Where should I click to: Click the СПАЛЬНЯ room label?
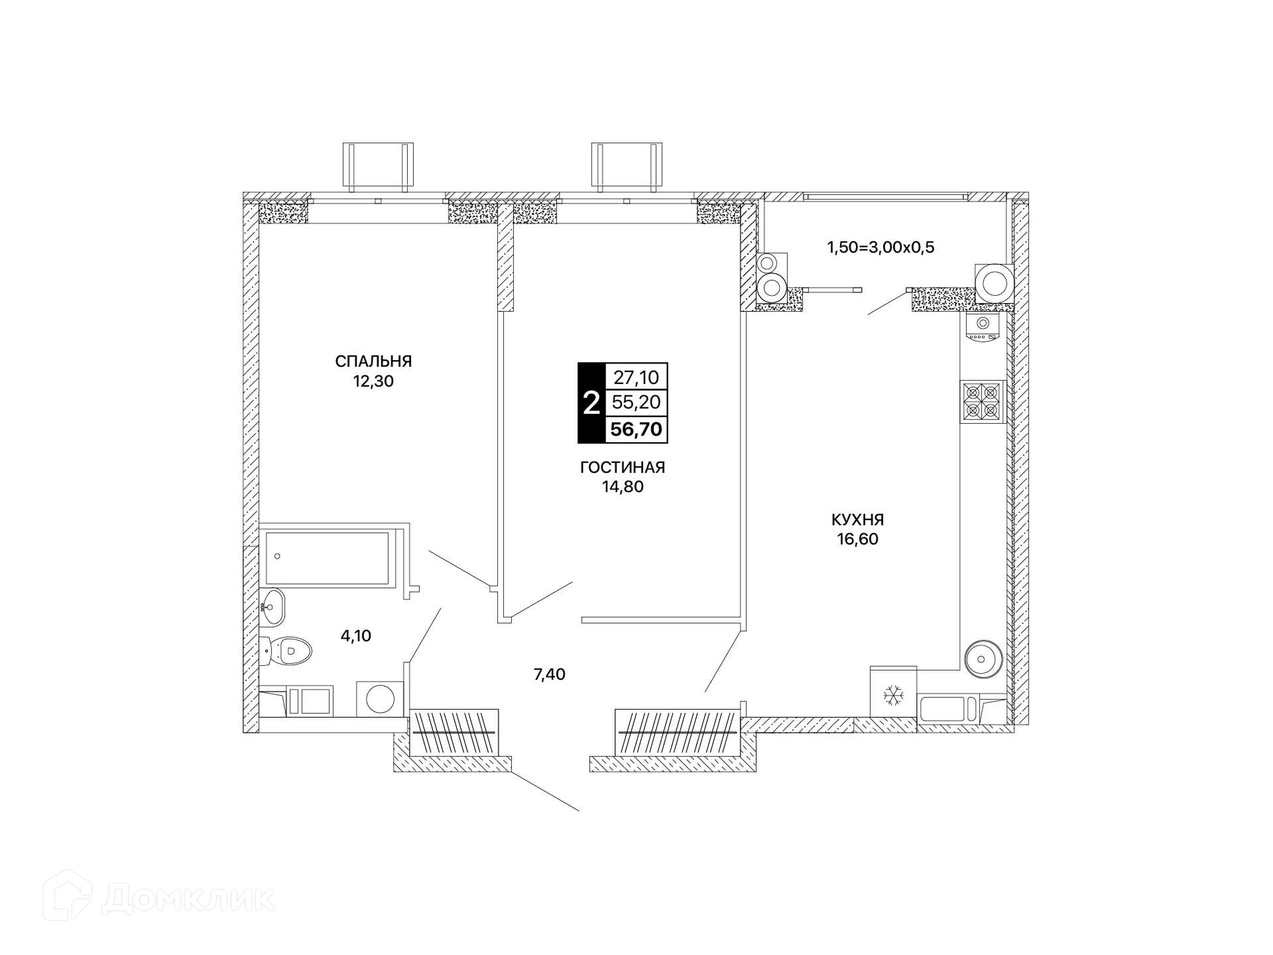click(373, 361)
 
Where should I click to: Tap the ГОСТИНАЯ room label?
click(623, 468)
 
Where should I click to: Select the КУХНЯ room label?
click(857, 519)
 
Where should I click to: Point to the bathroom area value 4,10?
click(356, 636)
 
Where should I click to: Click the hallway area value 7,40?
click(550, 675)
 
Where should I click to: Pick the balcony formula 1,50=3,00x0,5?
click(880, 247)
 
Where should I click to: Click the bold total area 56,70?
click(636, 429)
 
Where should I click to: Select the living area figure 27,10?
click(636, 377)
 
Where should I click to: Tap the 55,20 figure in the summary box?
click(636, 403)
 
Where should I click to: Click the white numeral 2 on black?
click(591, 403)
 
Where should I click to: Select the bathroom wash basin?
click(273, 606)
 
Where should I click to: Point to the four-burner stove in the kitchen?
click(982, 402)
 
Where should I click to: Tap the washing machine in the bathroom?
click(381, 698)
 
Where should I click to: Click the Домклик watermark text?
click(189, 900)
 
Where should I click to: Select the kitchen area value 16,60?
click(857, 539)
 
